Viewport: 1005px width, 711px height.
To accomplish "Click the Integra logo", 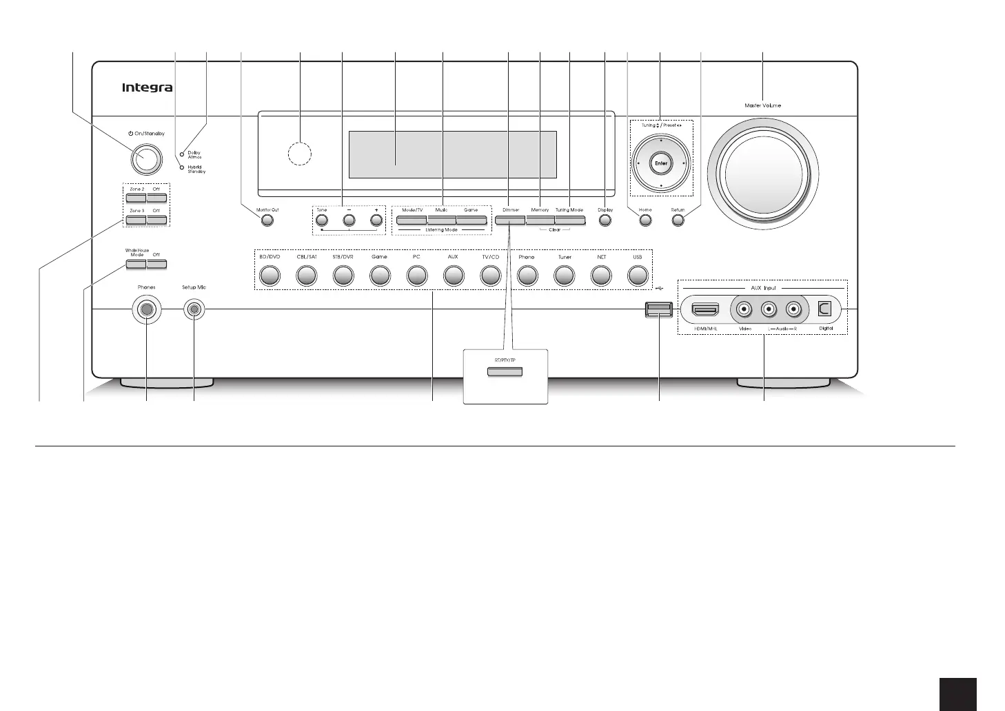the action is tap(147, 87).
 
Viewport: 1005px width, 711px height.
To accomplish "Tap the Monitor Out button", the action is tap(267, 220).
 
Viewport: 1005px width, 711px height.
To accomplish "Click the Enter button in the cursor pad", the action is tap(661, 163).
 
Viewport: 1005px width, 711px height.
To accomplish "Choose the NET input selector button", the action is tap(602, 276).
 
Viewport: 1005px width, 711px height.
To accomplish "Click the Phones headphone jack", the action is tap(147, 310).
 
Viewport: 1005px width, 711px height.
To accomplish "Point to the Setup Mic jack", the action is tap(194, 310).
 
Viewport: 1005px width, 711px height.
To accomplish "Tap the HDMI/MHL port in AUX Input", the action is tap(704, 310).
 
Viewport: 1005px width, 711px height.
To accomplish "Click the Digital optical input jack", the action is tap(825, 310).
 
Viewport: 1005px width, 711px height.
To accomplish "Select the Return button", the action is tap(678, 220).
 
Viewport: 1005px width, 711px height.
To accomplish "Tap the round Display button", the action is tap(605, 220).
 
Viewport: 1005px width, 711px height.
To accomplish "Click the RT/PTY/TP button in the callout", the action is tap(505, 373).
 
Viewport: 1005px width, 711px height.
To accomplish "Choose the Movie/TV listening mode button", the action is tap(412, 220).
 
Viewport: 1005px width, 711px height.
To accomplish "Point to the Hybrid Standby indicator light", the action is tap(183, 168).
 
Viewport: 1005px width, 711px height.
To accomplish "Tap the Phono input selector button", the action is tap(527, 276).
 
